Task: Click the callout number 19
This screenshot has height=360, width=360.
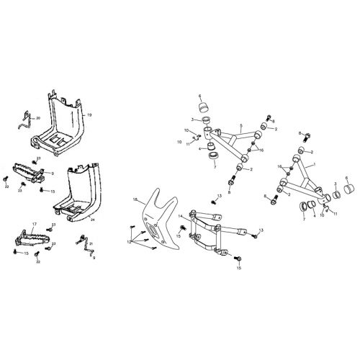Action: click(89, 115)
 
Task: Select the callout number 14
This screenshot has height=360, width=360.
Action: click(180, 207)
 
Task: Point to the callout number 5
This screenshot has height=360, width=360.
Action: click(240, 126)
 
